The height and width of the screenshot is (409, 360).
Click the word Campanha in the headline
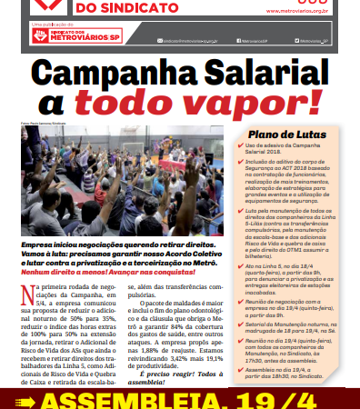pyautogui.click(x=105, y=76)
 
